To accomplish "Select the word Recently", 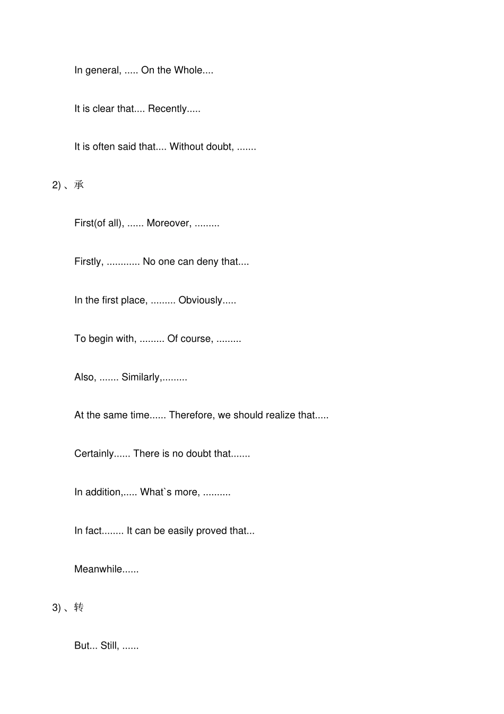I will coord(167,109).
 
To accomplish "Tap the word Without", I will coord(187,147).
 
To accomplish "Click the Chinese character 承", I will coord(79,185).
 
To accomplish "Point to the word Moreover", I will coord(168,223).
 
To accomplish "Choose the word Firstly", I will coord(88,262).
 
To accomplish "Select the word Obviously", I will coord(200,300).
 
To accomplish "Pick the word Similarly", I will coord(141,377).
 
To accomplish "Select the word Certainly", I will coord(94,454).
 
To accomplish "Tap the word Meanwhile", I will coord(98,569).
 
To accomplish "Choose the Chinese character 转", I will coord(79,607).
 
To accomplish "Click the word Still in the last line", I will coord(109,646).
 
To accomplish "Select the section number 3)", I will coord(56,608).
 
